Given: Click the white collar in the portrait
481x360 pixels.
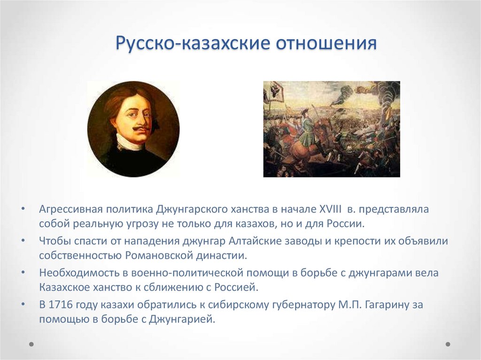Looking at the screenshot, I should pos(129,142).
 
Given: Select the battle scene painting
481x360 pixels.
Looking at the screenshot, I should pos(332,129).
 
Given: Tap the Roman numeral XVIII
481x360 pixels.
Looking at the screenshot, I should pos(331,208).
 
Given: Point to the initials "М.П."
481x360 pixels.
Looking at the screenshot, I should pos(347,305).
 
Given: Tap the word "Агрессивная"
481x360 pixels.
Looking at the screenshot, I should pos(70,208).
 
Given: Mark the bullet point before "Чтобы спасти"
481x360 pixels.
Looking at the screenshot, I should pos(23,241).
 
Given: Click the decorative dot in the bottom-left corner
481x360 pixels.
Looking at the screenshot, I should pos(32,344).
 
